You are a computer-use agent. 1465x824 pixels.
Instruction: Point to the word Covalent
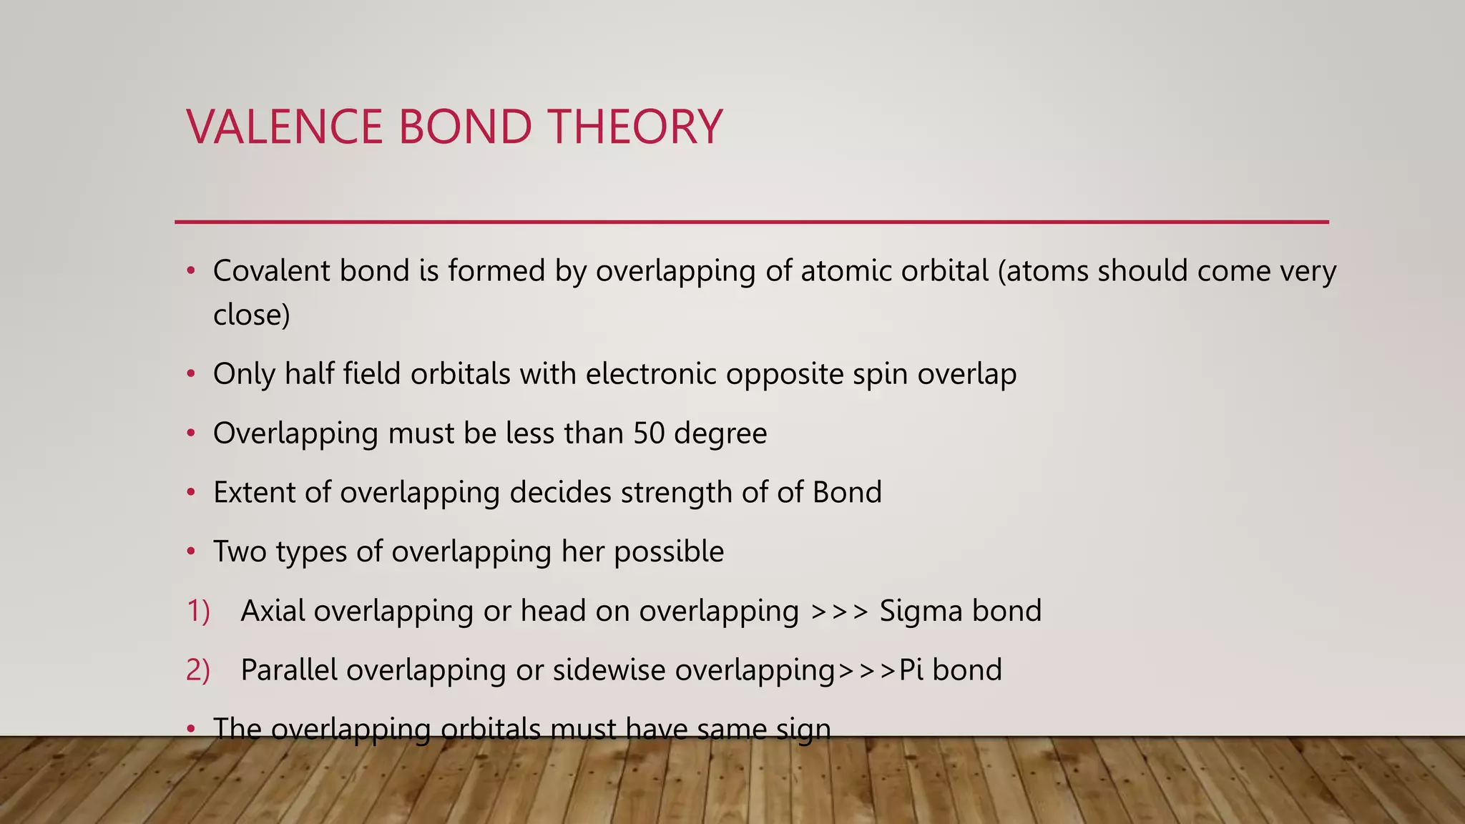coord(271,271)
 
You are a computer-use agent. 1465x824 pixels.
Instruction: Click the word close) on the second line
coord(251,315)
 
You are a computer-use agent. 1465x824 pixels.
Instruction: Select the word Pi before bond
coord(911,670)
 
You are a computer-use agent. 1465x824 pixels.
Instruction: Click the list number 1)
coord(198,612)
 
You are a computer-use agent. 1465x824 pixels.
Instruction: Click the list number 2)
coord(198,671)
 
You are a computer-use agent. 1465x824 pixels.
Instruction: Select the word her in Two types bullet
coord(583,551)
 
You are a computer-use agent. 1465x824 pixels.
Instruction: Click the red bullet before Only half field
coord(190,374)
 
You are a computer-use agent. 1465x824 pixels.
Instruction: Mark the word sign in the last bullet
coord(804,730)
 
